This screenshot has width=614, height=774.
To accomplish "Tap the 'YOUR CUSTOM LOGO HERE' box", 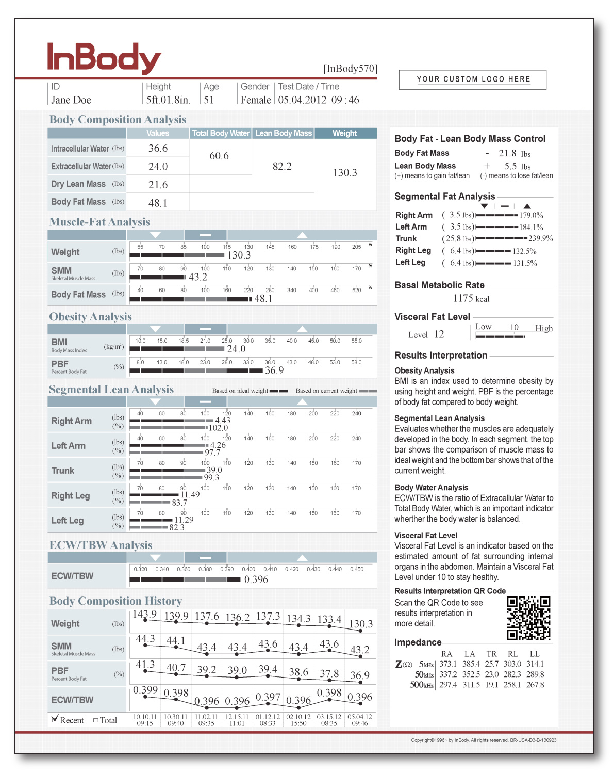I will pyautogui.click(x=473, y=79).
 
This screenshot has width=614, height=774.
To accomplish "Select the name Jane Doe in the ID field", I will pyautogui.click(x=71, y=100).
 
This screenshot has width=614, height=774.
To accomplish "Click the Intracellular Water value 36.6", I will pyautogui.click(x=158, y=149).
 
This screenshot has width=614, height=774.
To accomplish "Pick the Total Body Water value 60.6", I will pyautogui.click(x=219, y=156).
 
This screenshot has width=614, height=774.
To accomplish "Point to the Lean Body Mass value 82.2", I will pyautogui.click(x=282, y=167).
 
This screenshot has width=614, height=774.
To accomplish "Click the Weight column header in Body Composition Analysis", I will pyautogui.click(x=344, y=133).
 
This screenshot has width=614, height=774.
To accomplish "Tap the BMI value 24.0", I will pyautogui.click(x=236, y=349).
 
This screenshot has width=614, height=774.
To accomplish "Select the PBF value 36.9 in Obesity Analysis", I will pyautogui.click(x=274, y=370).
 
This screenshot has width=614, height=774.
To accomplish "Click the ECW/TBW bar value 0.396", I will pyautogui.click(x=256, y=579).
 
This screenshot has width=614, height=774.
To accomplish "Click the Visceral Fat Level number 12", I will pyautogui.click(x=439, y=334).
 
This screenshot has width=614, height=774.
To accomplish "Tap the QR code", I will pyautogui.click(x=528, y=618).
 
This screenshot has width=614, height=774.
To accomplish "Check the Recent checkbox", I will pyautogui.click(x=55, y=719).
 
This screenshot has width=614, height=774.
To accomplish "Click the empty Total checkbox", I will pyautogui.click(x=96, y=720).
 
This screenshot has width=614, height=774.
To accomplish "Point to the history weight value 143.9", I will pyautogui.click(x=144, y=615).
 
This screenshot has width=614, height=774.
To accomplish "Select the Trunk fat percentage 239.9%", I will pyautogui.click(x=540, y=238).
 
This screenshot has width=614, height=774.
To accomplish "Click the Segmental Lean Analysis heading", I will pyautogui.click(x=111, y=390).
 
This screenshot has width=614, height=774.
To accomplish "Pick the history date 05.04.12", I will pyautogui.click(x=359, y=717).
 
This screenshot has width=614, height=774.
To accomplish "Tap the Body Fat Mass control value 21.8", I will pyautogui.click(x=507, y=153).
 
